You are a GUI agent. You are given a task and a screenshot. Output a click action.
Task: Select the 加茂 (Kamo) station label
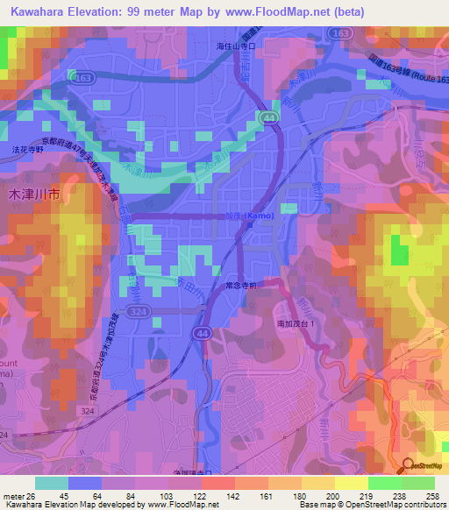(252, 216)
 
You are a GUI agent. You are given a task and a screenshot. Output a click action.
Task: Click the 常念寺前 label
(239, 286)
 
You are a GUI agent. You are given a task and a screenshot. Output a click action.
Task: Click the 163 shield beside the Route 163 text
(341, 32)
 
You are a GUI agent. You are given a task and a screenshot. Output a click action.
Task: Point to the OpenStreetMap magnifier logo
(409, 466)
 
